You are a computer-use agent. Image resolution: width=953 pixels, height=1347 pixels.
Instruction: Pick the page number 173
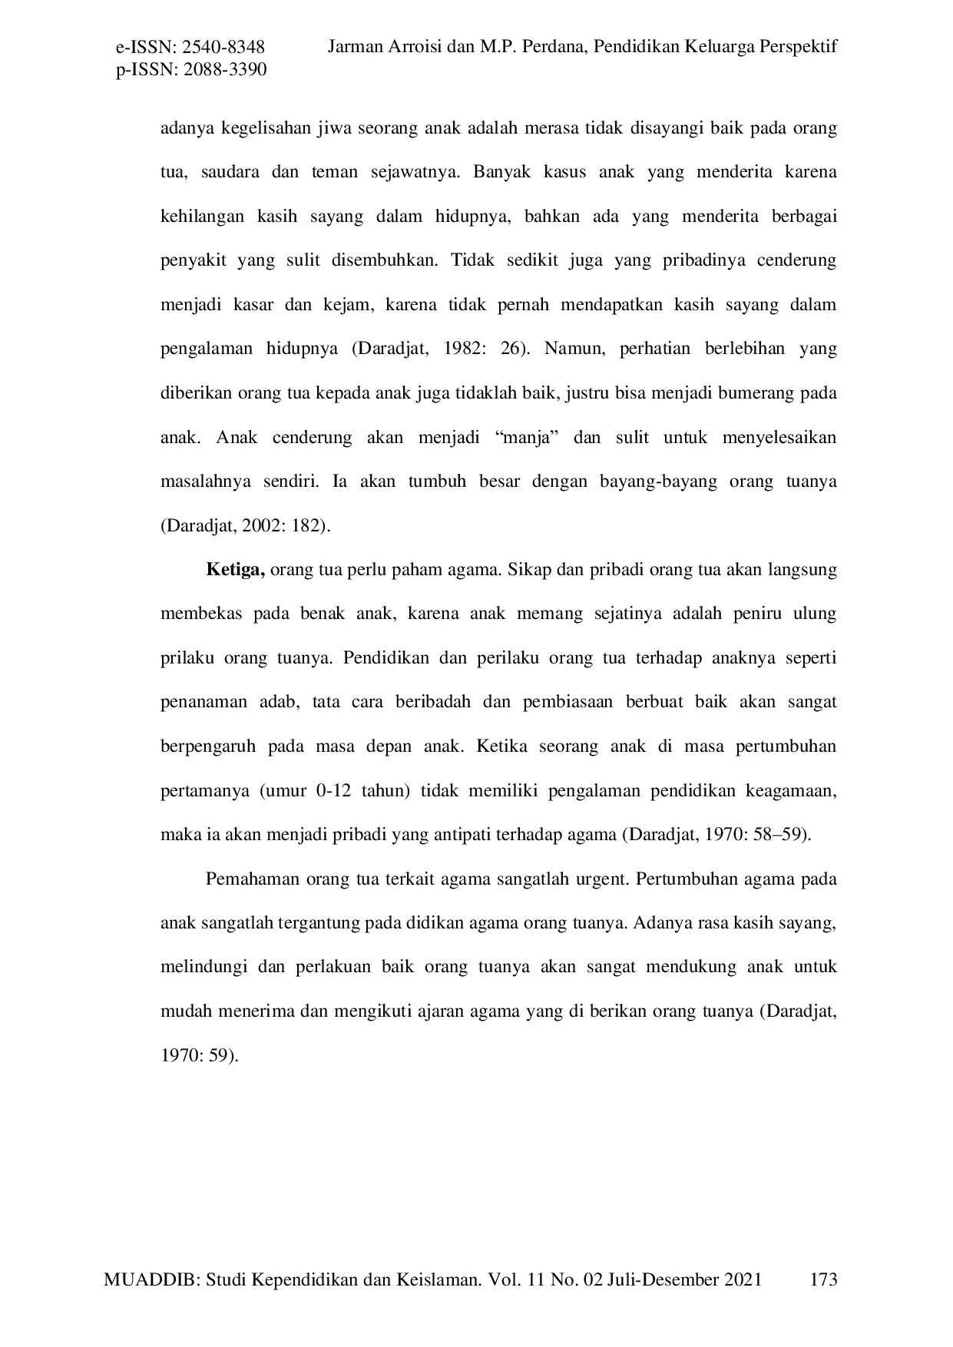coord(823,1279)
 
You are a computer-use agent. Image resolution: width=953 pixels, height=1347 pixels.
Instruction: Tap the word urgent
coord(601,879)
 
